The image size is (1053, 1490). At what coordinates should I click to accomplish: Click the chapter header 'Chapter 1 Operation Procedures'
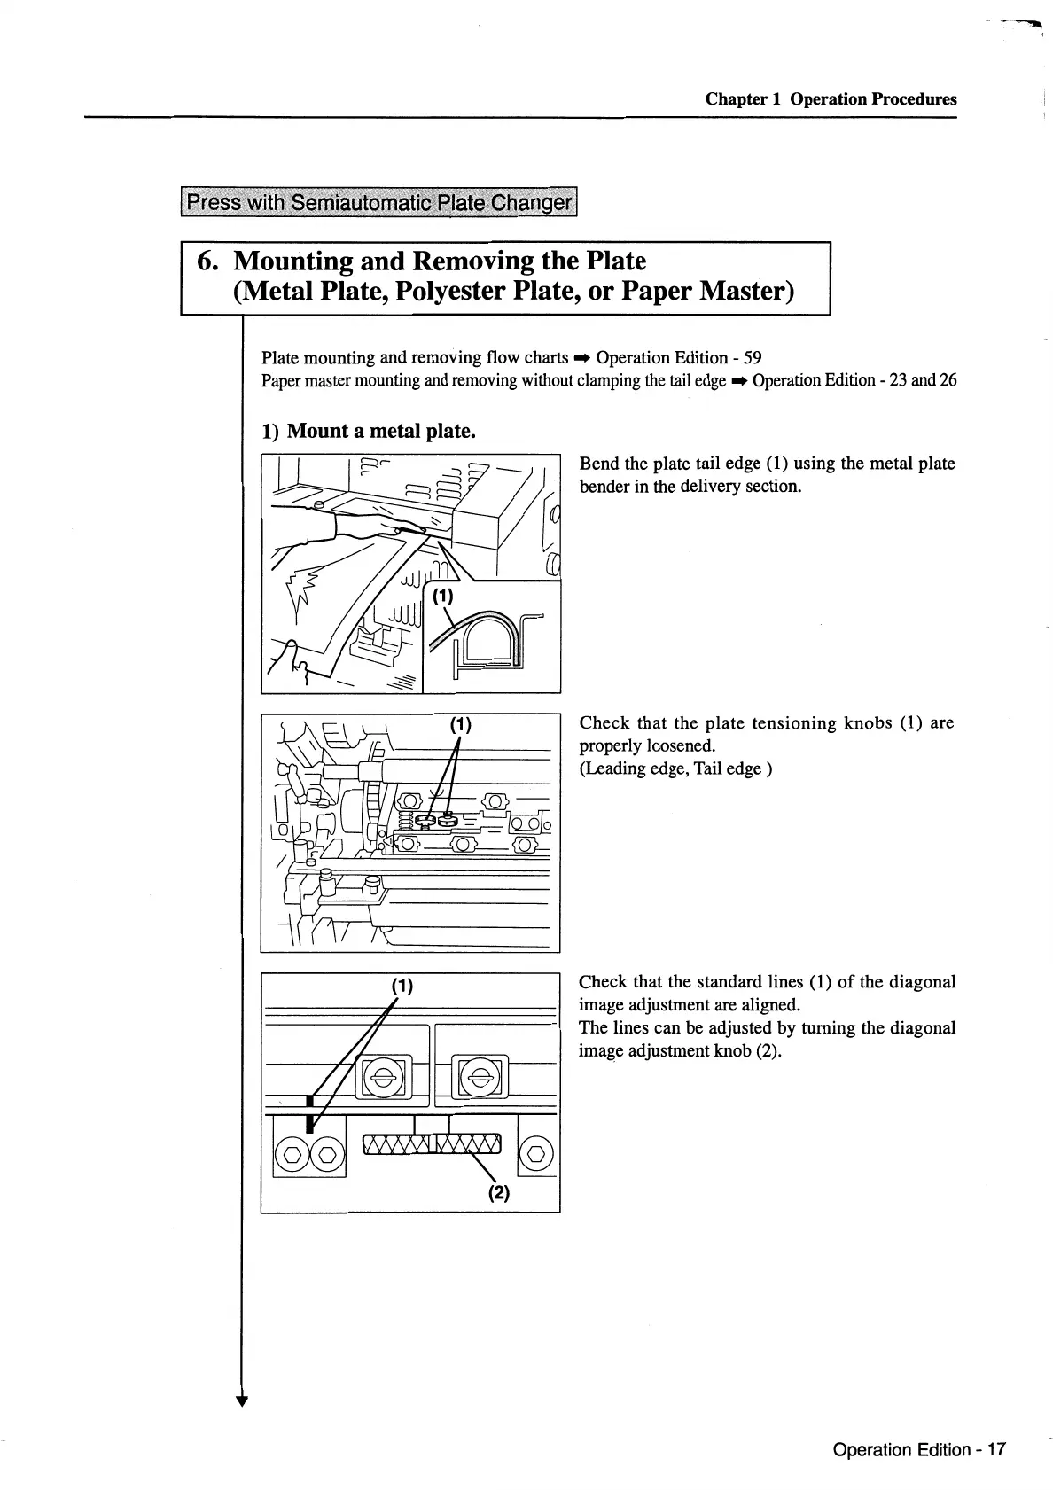click(x=831, y=98)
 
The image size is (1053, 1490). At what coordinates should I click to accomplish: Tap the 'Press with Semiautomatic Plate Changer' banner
click(x=378, y=202)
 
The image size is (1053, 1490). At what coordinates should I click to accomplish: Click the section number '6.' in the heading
click(x=207, y=261)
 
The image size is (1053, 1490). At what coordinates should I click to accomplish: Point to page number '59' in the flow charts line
click(x=752, y=357)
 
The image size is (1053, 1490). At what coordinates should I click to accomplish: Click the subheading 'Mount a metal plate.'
click(x=382, y=431)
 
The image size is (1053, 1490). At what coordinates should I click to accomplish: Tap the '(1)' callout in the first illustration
click(x=443, y=597)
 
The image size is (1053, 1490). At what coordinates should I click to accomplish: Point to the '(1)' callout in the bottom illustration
click(x=402, y=985)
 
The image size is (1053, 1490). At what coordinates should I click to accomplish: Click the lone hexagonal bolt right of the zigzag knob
click(x=536, y=1153)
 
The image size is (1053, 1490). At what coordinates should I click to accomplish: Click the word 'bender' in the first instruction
click(x=604, y=487)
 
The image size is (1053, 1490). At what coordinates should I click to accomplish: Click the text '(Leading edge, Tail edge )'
click(x=675, y=768)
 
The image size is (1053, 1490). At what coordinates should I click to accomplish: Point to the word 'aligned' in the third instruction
click(x=770, y=1004)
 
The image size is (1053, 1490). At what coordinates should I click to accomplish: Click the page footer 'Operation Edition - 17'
click(x=919, y=1449)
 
